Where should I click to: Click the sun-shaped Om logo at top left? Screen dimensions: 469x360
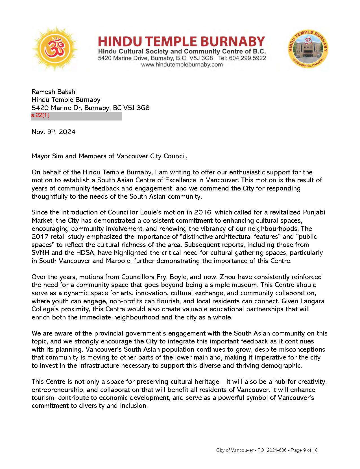(x=55, y=49)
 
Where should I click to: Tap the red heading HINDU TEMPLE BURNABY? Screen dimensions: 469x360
(x=181, y=42)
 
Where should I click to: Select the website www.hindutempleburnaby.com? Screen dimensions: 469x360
(x=182, y=65)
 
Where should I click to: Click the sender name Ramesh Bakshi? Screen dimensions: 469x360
(x=54, y=92)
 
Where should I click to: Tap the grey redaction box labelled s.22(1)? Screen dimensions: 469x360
(x=77, y=116)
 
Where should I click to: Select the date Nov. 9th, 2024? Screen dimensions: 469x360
(x=54, y=132)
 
